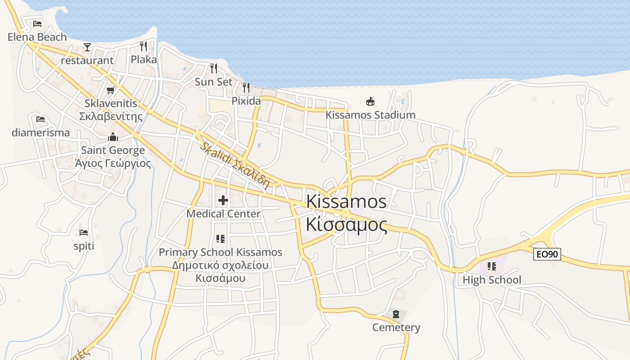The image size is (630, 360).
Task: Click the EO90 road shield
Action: click(x=547, y=254)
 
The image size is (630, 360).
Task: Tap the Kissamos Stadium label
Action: click(x=370, y=115)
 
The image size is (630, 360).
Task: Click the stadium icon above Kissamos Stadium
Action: click(x=370, y=101)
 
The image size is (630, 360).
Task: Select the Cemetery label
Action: click(x=396, y=327)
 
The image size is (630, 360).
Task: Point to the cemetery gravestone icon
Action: click(x=396, y=314)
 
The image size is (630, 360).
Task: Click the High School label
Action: click(x=492, y=280)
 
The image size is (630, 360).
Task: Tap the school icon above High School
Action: click(x=492, y=266)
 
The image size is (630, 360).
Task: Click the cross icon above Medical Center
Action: click(x=223, y=200)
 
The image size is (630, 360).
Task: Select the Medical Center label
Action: click(x=223, y=214)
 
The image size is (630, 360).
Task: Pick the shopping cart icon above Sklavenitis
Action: click(x=110, y=90)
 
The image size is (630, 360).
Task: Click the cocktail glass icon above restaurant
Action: click(x=87, y=47)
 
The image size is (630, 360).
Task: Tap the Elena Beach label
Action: click(x=37, y=37)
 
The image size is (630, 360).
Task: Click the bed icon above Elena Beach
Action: click(x=37, y=23)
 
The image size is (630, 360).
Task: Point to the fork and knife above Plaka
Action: click(x=144, y=46)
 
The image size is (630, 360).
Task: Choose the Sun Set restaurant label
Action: click(x=213, y=82)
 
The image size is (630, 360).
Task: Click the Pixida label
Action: click(x=246, y=101)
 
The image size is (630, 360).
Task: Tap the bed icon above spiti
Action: click(x=84, y=233)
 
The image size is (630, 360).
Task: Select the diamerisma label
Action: click(x=40, y=133)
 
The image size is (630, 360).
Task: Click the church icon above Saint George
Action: click(x=113, y=137)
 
